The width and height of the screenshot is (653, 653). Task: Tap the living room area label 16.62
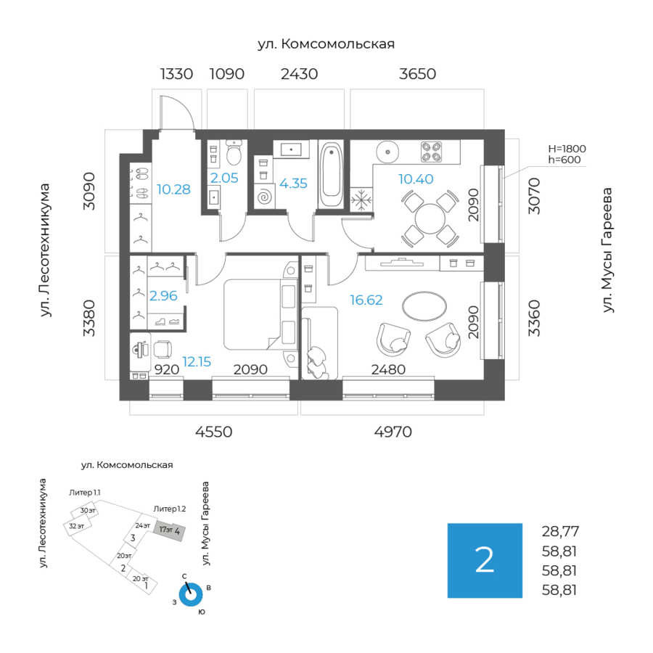tap(366, 299)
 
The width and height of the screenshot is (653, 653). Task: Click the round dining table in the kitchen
tap(430, 217)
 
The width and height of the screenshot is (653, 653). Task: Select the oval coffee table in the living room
tap(424, 305)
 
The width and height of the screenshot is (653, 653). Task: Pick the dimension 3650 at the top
tap(417, 74)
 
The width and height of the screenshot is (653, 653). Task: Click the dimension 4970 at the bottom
tap(393, 432)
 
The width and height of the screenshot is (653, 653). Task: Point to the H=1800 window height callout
tap(567, 149)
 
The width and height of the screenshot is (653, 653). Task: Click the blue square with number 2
tap(485, 560)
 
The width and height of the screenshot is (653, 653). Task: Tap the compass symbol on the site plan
tap(191, 594)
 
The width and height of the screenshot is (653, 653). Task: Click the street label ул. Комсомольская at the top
tap(326, 44)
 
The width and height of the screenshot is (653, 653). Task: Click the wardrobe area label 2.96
tap(163, 295)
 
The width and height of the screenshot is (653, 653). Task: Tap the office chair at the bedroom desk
tap(163, 350)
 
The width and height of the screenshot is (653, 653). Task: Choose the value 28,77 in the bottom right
tap(560, 531)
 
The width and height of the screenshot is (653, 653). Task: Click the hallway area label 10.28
tap(173, 190)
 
